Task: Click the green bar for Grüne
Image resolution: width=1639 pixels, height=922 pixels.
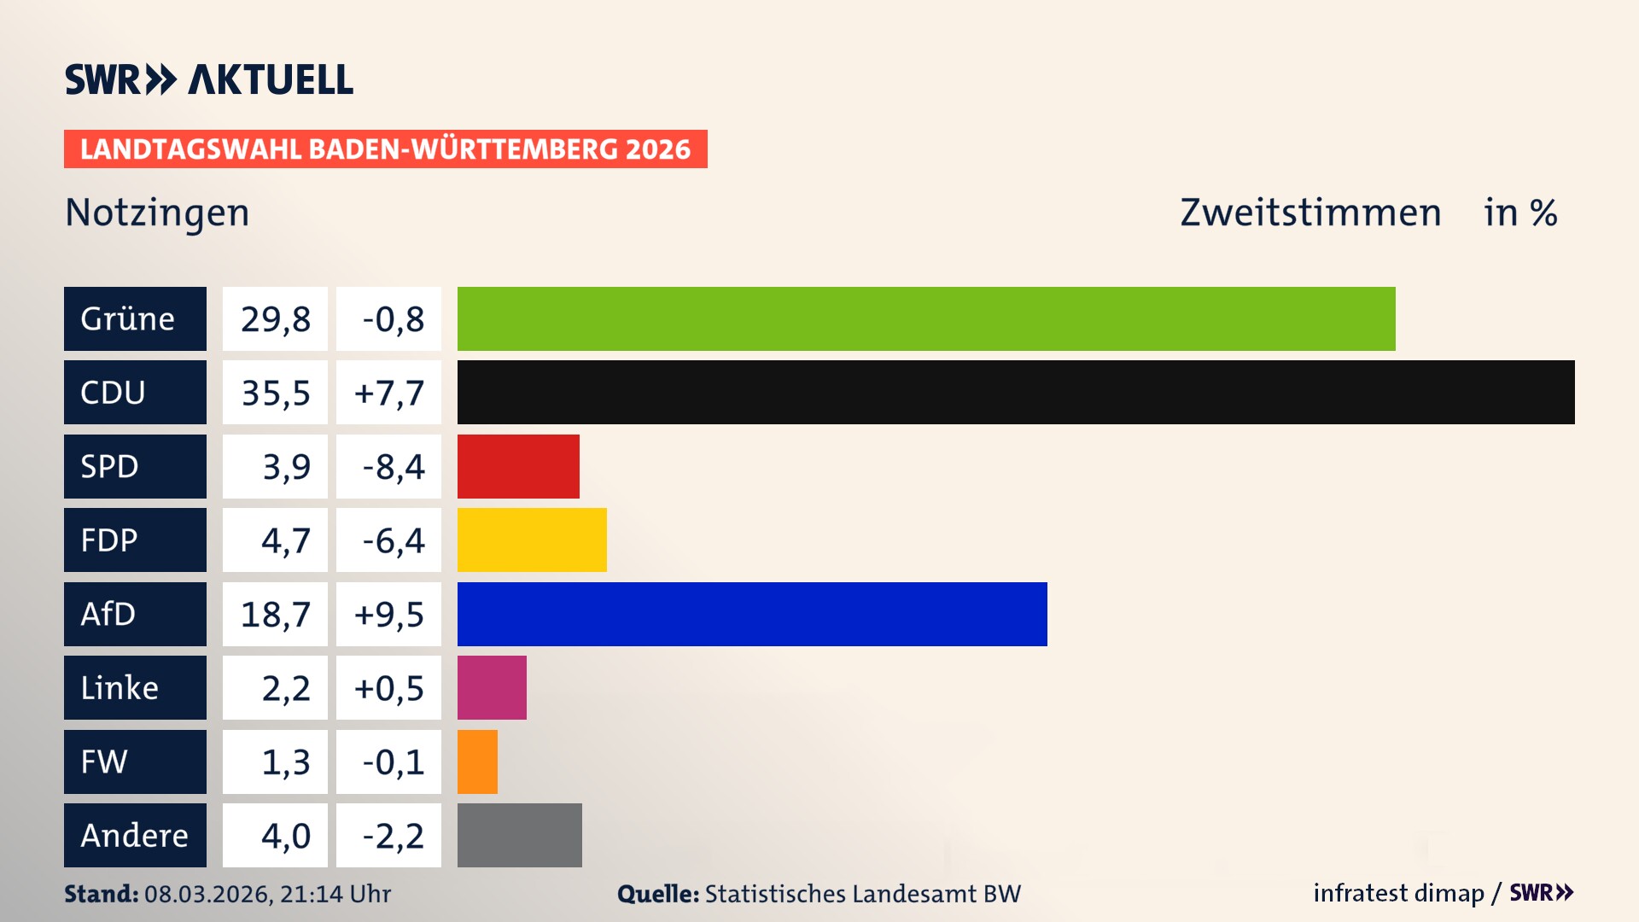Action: point(926,318)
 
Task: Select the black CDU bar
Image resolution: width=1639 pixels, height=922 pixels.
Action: point(1016,393)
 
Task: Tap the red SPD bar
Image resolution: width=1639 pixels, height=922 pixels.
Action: point(518,466)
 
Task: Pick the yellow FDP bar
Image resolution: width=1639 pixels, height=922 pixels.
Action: point(532,540)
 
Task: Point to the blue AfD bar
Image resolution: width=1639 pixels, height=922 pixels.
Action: point(752,614)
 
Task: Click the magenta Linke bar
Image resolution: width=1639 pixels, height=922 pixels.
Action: point(492,687)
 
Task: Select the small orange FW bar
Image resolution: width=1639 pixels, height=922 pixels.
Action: point(477,762)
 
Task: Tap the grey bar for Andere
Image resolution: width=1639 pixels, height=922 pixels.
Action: point(519,835)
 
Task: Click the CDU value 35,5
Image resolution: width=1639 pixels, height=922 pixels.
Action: point(275,393)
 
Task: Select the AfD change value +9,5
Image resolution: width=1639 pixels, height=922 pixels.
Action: point(388,614)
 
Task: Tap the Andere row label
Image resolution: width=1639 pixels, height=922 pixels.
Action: point(135,835)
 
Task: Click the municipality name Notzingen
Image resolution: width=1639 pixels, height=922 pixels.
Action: point(157,213)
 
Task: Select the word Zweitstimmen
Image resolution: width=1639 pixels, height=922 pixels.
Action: point(1310,213)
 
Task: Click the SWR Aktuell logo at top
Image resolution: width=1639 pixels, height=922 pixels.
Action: point(209,79)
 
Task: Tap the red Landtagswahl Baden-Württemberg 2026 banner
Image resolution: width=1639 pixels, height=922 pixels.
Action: point(385,149)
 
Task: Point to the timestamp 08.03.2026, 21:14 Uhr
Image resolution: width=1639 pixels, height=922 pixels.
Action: point(267,894)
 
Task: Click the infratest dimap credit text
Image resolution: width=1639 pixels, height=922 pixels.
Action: point(1398,893)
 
